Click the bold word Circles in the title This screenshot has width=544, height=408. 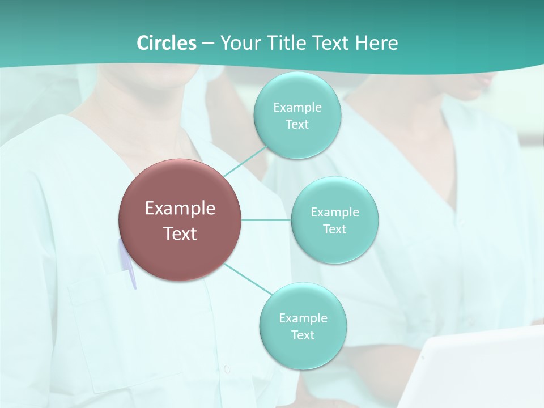(166, 42)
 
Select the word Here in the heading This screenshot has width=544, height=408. (377, 42)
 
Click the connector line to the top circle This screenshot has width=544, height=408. (245, 161)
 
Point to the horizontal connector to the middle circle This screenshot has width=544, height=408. (266, 219)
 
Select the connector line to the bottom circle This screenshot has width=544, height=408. (248, 279)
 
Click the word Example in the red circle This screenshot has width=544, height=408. (180, 209)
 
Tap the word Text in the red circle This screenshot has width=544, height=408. (180, 233)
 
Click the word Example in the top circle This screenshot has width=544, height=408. (297, 107)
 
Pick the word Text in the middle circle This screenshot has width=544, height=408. (334, 229)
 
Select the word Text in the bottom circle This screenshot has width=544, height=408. (303, 335)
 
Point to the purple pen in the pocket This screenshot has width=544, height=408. (128, 263)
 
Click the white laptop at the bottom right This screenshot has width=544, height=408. (476, 368)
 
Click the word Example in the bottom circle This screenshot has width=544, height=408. (303, 318)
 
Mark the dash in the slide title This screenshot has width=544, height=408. (207, 42)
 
